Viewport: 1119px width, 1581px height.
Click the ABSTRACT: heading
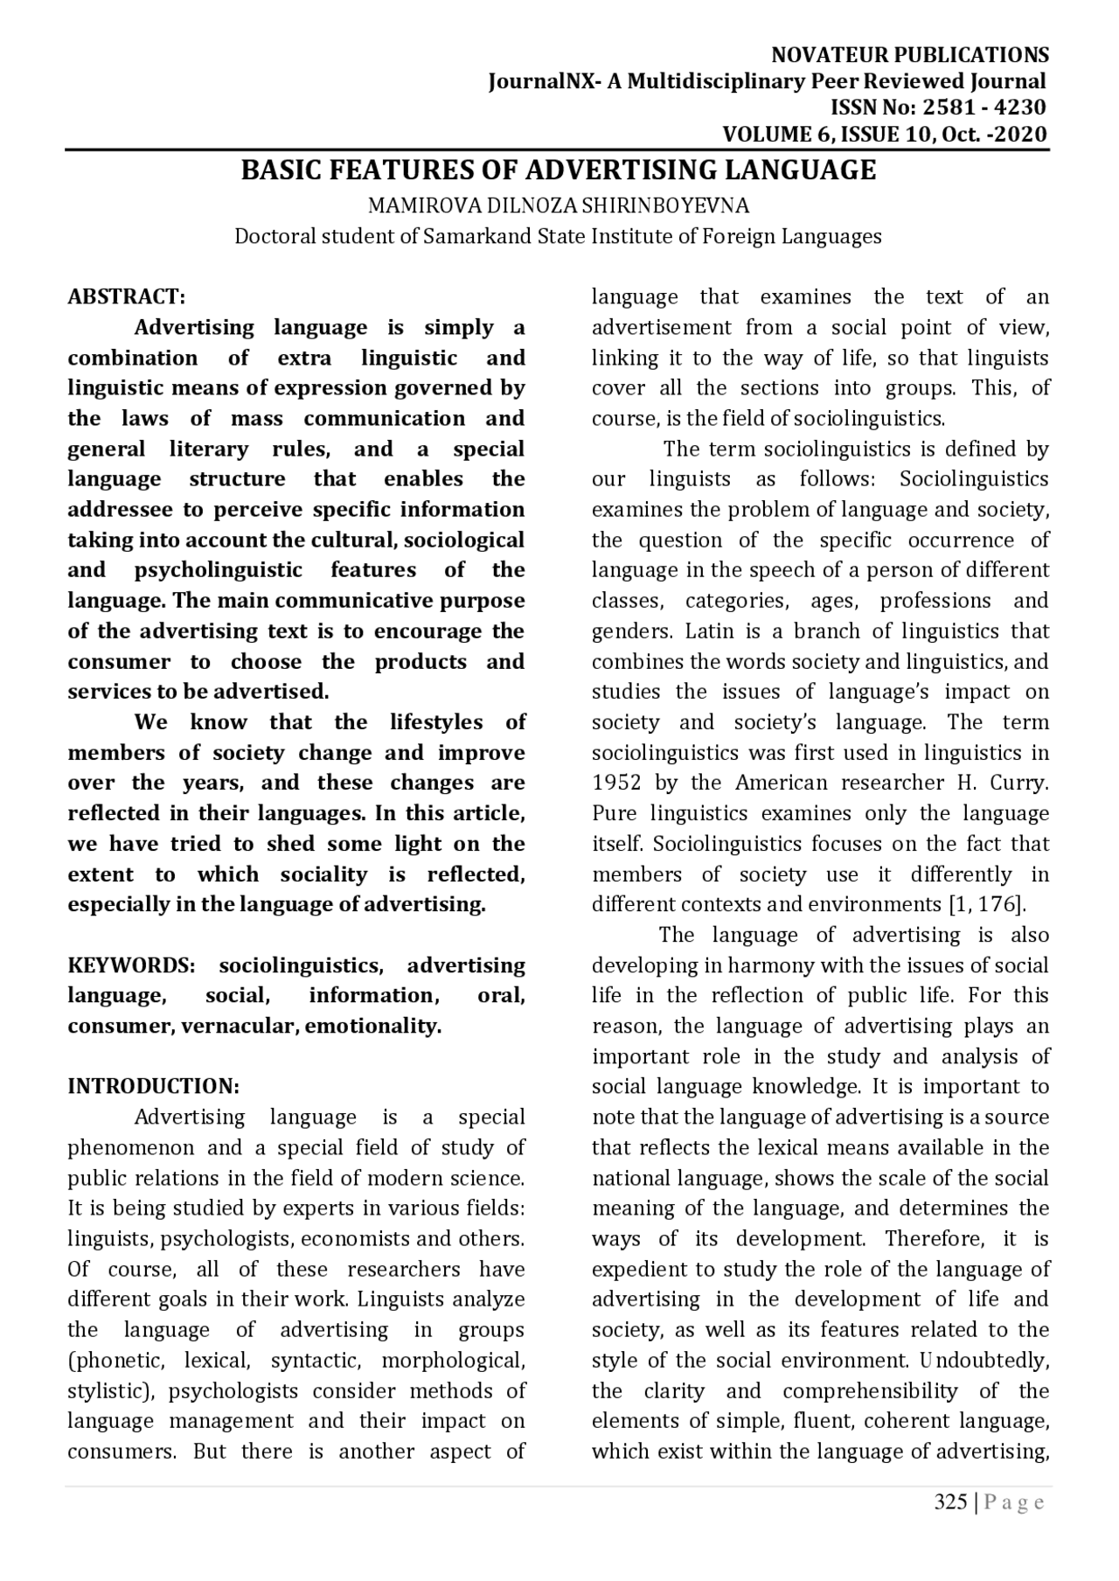(x=126, y=296)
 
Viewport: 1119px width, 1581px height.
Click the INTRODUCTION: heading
(x=153, y=1086)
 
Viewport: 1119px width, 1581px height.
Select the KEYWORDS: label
(x=131, y=965)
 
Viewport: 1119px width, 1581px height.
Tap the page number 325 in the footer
(x=950, y=1502)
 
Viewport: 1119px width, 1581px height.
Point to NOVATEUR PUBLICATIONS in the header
(x=909, y=55)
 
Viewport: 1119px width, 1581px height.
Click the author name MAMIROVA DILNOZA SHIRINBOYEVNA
(x=559, y=206)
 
